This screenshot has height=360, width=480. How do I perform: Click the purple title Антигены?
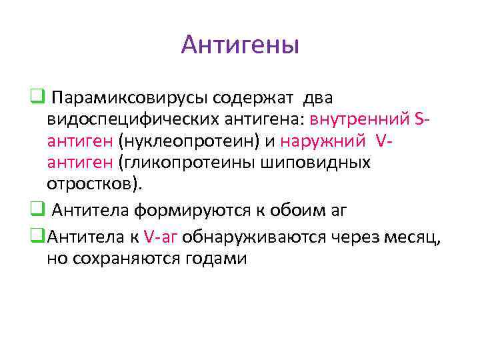tap(240, 45)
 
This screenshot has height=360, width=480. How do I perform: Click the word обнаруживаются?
tap(259, 237)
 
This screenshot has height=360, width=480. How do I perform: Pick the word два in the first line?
tap(318, 99)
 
